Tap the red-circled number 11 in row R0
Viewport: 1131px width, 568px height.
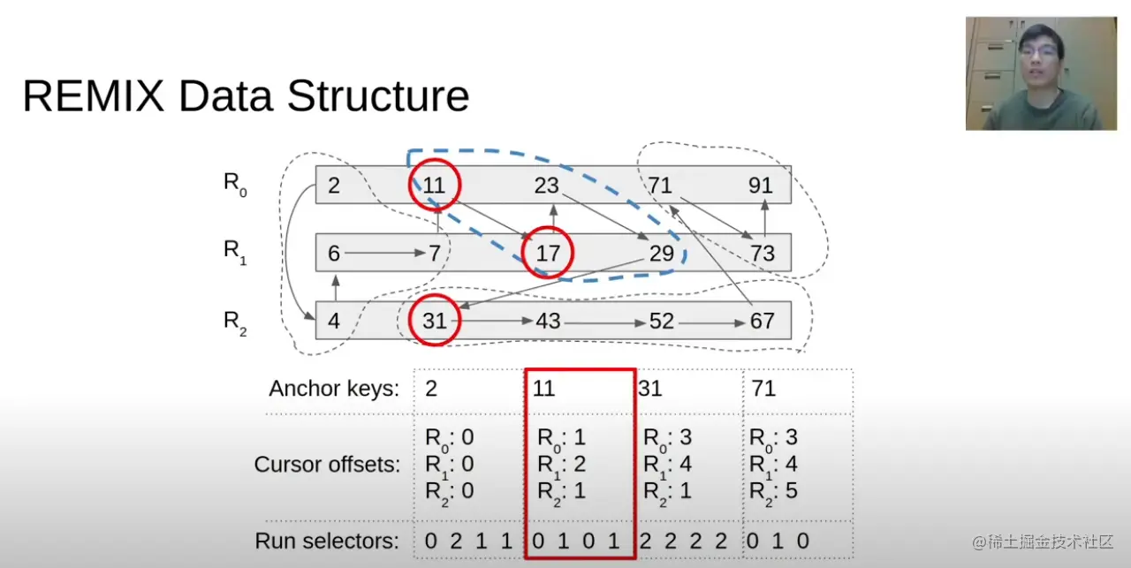coord(434,186)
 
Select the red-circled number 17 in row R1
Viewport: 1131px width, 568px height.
coord(548,254)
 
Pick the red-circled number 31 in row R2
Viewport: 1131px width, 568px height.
coord(434,321)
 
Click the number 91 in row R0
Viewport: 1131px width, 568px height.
coord(760,186)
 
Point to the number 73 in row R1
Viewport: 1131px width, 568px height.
coord(762,254)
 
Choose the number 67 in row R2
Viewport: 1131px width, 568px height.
coord(762,321)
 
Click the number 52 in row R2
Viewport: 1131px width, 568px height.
coord(662,321)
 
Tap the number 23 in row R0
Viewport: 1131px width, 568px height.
coord(547,186)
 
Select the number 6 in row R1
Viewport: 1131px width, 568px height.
coord(333,254)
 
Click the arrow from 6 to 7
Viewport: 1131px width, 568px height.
coord(385,254)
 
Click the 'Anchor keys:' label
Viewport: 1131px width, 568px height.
coord(334,389)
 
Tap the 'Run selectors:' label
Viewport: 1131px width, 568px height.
coord(326,541)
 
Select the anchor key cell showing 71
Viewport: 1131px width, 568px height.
coord(763,389)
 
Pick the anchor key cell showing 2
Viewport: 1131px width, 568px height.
coord(431,389)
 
